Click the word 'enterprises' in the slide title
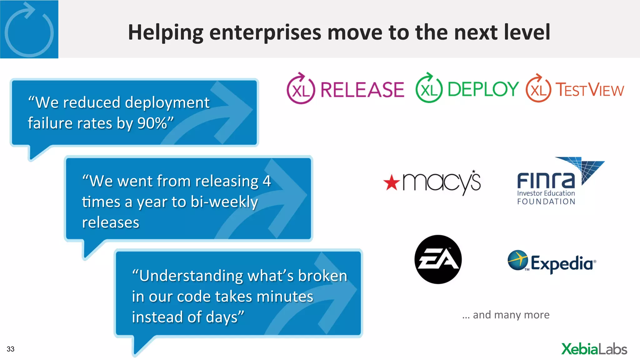pyautogui.click(x=265, y=32)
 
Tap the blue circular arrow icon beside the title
pyautogui.click(x=29, y=30)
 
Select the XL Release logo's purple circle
pyautogui.click(x=301, y=90)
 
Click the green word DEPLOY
pyautogui.click(x=483, y=89)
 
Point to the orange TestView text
pyautogui.click(x=589, y=90)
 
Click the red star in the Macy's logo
pyautogui.click(x=392, y=183)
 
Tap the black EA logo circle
pyautogui.click(x=438, y=259)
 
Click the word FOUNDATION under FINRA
pyautogui.click(x=546, y=202)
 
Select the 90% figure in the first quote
pyautogui.click(x=152, y=123)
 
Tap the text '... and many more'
pyautogui.click(x=506, y=315)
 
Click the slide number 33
pyautogui.click(x=11, y=349)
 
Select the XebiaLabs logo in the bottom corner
pyautogui.click(x=594, y=349)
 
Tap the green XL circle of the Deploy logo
pyautogui.click(x=429, y=90)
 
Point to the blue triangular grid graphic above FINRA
pyautogui.click(x=584, y=169)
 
